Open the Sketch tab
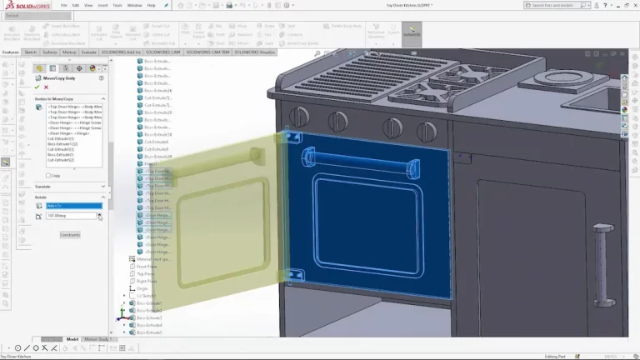tap(29, 52)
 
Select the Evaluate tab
tap(89, 52)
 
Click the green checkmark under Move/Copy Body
tap(37, 87)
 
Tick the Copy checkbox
tap(49, 176)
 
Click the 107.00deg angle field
tap(71, 216)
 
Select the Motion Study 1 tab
tap(97, 339)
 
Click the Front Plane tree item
tap(147, 266)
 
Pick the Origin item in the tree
tap(142, 288)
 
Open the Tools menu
tap(117, 5)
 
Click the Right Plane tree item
tap(147, 281)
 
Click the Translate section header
tap(43, 187)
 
